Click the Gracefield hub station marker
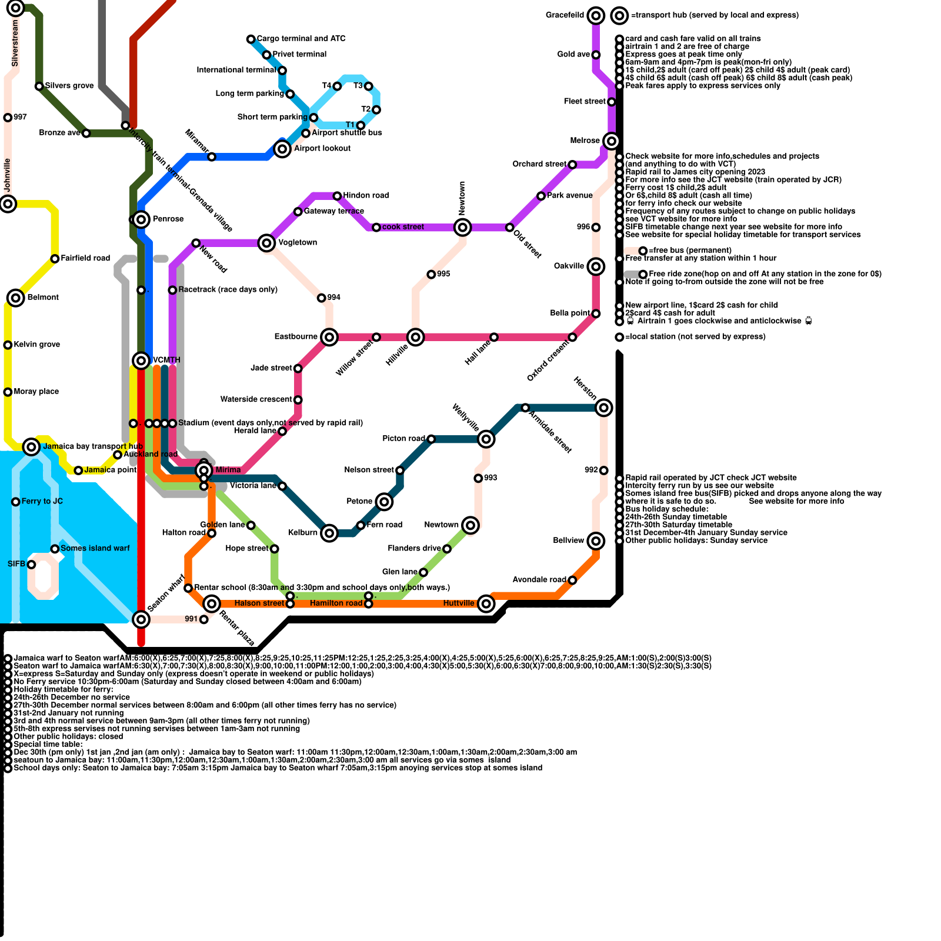point(596,15)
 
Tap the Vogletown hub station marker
point(266,243)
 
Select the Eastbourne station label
point(296,336)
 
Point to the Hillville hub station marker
point(416,337)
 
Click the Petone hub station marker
point(384,502)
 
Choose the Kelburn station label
point(302,533)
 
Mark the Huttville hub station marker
point(486,603)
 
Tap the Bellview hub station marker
point(596,541)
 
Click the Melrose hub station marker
point(612,141)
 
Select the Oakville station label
point(569,266)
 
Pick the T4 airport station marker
point(337,86)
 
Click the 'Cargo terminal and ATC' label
point(301,39)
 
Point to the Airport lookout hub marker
point(282,149)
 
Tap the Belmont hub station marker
point(16,298)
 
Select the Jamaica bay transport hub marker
point(31,447)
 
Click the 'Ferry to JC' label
point(42,502)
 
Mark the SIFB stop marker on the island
point(32,565)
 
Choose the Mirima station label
point(228,470)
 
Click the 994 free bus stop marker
point(321,298)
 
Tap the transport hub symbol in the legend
point(619,16)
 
